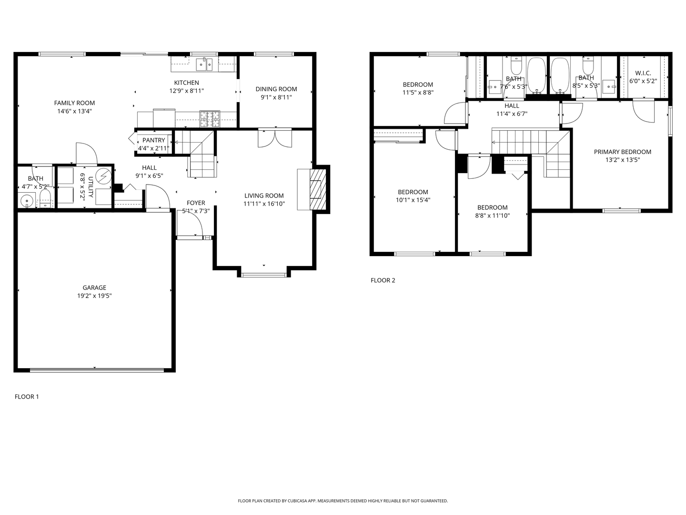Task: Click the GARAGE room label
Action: point(94,288)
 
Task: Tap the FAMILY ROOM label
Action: point(74,103)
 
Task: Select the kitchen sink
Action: point(204,64)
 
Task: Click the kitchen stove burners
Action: point(210,119)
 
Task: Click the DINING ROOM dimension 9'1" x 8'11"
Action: point(276,97)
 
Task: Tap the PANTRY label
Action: point(153,140)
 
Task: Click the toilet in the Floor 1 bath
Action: point(45,199)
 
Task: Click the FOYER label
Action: point(196,203)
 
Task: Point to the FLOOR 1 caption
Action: point(27,397)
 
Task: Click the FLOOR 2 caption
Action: point(383,280)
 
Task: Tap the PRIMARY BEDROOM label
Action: point(622,152)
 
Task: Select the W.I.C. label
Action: point(643,73)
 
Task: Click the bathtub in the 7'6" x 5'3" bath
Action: point(536,75)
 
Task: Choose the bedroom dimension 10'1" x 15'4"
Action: point(413,200)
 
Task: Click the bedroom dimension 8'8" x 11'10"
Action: point(493,216)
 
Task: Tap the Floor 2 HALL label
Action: point(512,106)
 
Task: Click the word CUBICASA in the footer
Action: point(295,501)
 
